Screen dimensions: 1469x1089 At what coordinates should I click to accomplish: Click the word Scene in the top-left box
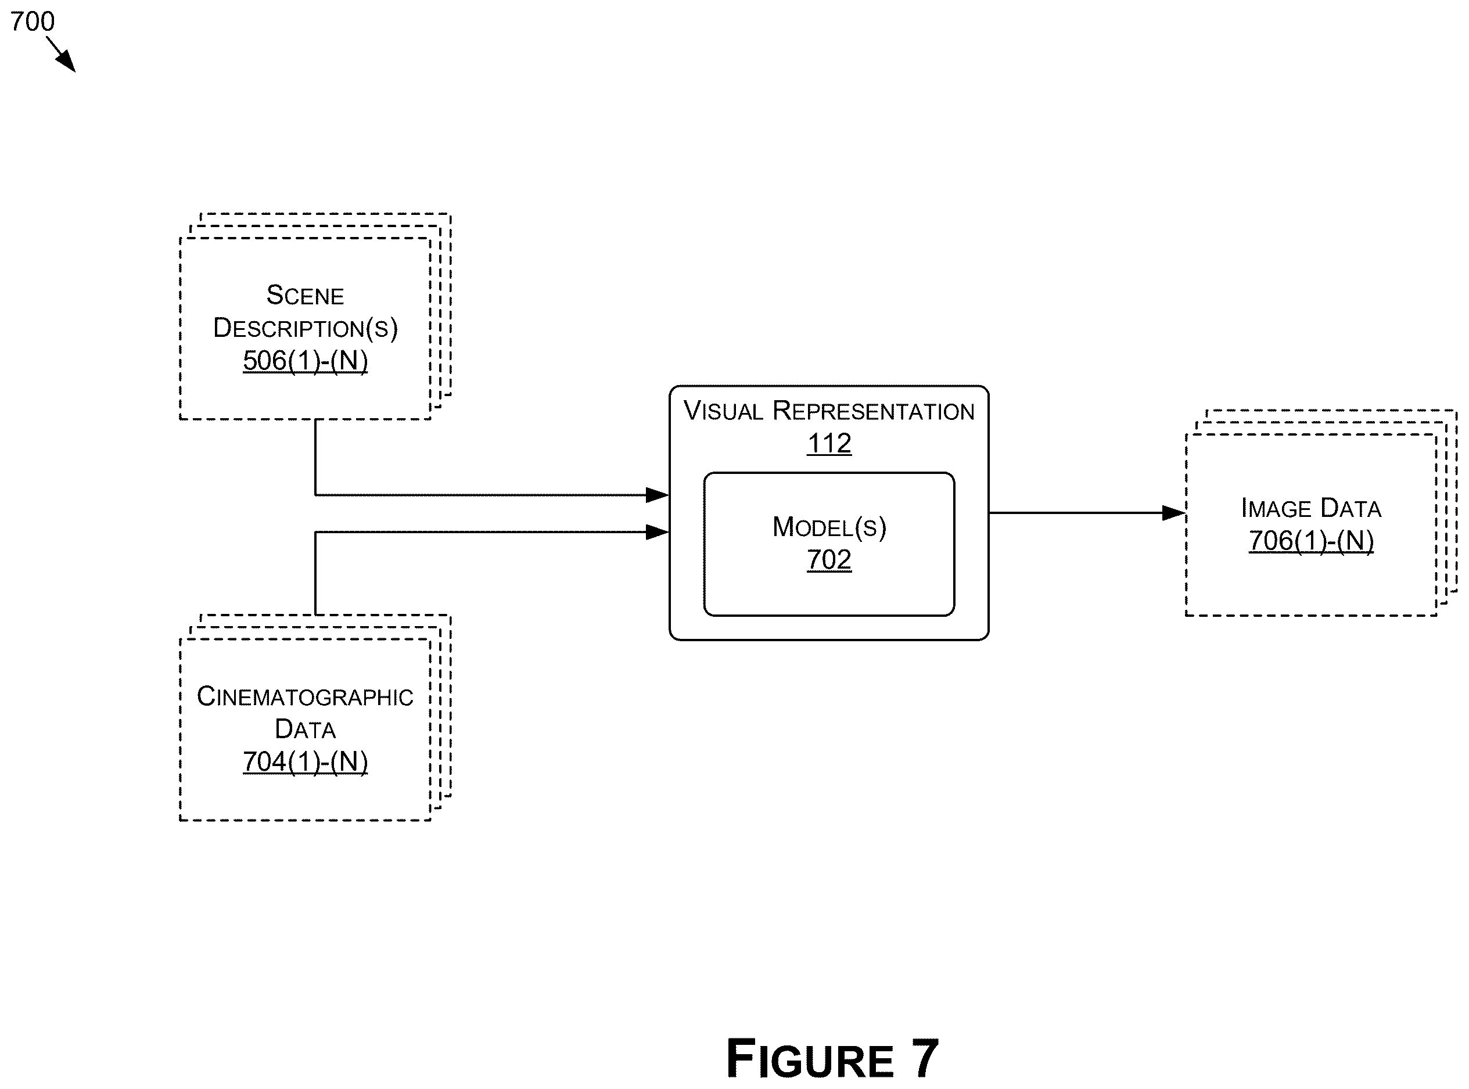click(304, 295)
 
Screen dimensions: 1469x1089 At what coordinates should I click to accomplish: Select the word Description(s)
click(306, 328)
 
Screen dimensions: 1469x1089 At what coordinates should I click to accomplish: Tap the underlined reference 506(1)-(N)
click(306, 361)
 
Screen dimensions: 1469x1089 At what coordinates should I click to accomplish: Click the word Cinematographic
click(304, 697)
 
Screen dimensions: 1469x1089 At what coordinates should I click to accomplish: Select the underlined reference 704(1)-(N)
click(306, 761)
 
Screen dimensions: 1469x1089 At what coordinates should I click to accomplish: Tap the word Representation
click(874, 411)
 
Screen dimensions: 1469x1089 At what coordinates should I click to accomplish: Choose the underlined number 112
click(829, 443)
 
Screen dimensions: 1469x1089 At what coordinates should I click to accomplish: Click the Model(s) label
click(829, 527)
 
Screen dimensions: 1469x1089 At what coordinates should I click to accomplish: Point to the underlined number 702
click(829, 560)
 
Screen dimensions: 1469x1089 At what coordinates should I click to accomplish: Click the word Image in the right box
click(1276, 508)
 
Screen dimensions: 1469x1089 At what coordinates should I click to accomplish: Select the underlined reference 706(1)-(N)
click(1312, 541)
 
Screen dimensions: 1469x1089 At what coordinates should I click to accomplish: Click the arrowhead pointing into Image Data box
click(1173, 513)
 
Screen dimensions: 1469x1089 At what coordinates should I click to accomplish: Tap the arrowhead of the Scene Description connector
click(658, 494)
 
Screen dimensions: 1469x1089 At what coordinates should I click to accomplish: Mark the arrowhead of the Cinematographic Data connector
click(658, 532)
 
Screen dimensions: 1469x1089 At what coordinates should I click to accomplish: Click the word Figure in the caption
click(810, 1059)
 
